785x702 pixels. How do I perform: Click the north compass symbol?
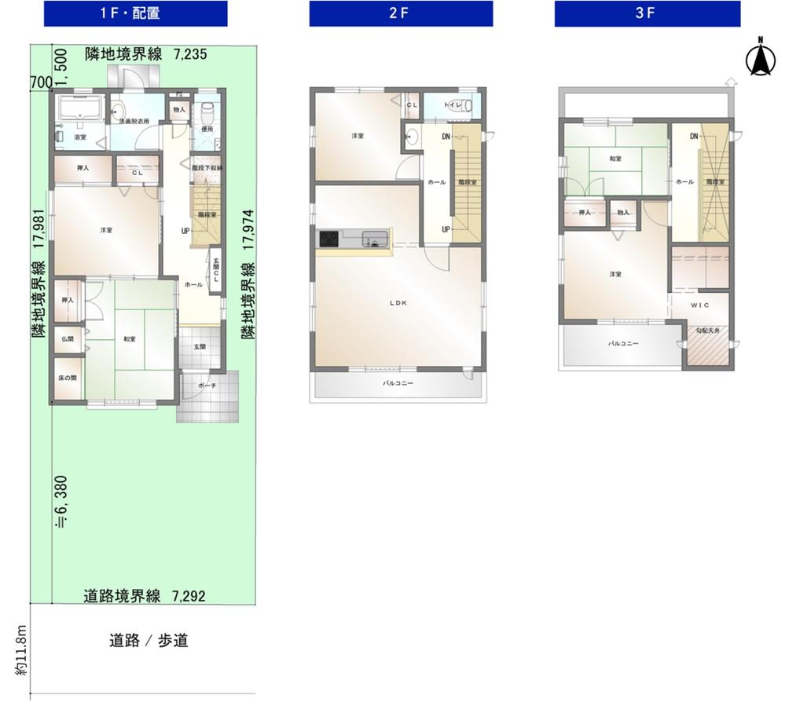(760, 59)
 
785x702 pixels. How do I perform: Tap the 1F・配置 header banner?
(135, 13)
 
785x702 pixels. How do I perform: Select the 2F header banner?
(401, 13)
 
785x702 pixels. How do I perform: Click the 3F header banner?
(647, 13)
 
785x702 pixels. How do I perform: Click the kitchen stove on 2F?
(328, 239)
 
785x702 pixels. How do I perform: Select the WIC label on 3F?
(700, 304)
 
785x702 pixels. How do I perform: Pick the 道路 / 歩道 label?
(149, 641)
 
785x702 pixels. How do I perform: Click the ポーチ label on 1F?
(207, 386)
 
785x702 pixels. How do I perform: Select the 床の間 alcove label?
(68, 378)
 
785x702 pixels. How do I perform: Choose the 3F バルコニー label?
(622, 344)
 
